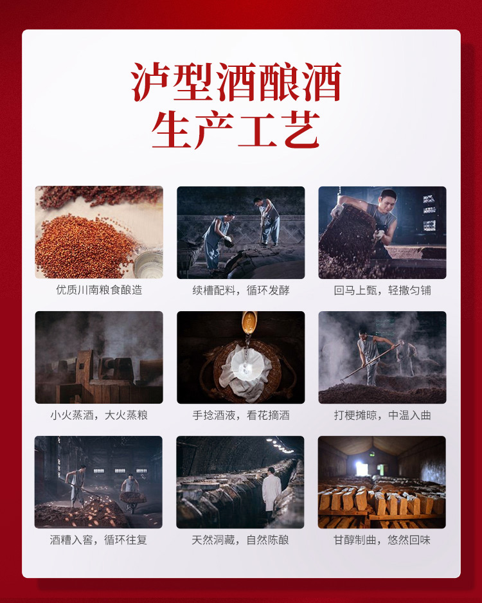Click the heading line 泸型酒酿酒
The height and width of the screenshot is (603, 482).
click(236, 82)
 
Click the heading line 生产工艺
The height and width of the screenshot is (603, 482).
click(236, 130)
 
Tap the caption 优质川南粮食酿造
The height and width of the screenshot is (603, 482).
click(99, 289)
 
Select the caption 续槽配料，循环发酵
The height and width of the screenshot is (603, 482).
click(240, 290)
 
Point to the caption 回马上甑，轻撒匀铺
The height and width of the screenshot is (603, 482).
click(382, 290)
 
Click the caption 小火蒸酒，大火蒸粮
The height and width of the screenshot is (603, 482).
click(99, 415)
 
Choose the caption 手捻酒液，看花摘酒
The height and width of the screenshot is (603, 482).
click(240, 415)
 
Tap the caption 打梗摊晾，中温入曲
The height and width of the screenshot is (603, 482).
click(382, 415)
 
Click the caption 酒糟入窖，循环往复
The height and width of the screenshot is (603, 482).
click(98, 540)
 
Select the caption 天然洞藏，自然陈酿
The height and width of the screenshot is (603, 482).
click(240, 540)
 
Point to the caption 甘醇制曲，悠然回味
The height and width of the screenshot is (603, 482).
click(382, 540)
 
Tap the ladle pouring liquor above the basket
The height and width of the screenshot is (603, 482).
click(249, 323)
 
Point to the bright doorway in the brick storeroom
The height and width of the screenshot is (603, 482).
click(361, 469)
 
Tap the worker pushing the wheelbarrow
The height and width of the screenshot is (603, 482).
click(130, 492)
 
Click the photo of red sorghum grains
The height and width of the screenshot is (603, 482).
click(99, 232)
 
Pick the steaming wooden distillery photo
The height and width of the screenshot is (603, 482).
click(99, 357)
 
